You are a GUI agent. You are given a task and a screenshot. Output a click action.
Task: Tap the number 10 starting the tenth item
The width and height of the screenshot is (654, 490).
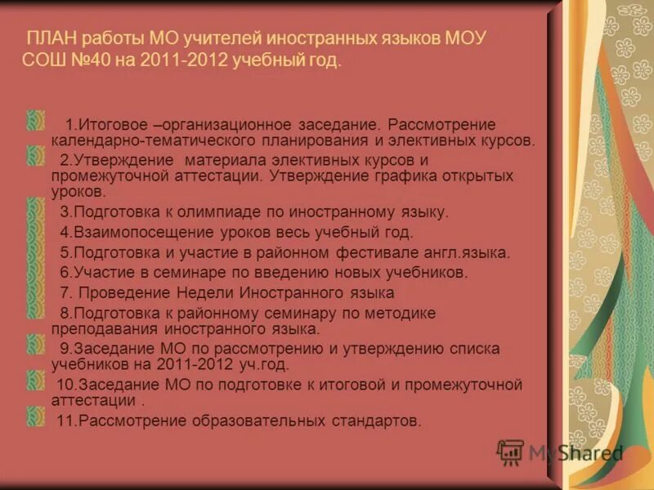pyautogui.click(x=65, y=385)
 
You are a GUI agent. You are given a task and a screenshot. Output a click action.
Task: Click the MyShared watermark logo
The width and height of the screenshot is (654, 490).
pyautogui.click(x=560, y=452)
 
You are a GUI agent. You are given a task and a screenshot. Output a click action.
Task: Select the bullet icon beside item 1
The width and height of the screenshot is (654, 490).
pyautogui.click(x=35, y=122)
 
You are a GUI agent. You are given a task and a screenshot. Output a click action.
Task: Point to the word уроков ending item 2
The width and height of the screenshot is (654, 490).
pyautogui.click(x=77, y=192)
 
